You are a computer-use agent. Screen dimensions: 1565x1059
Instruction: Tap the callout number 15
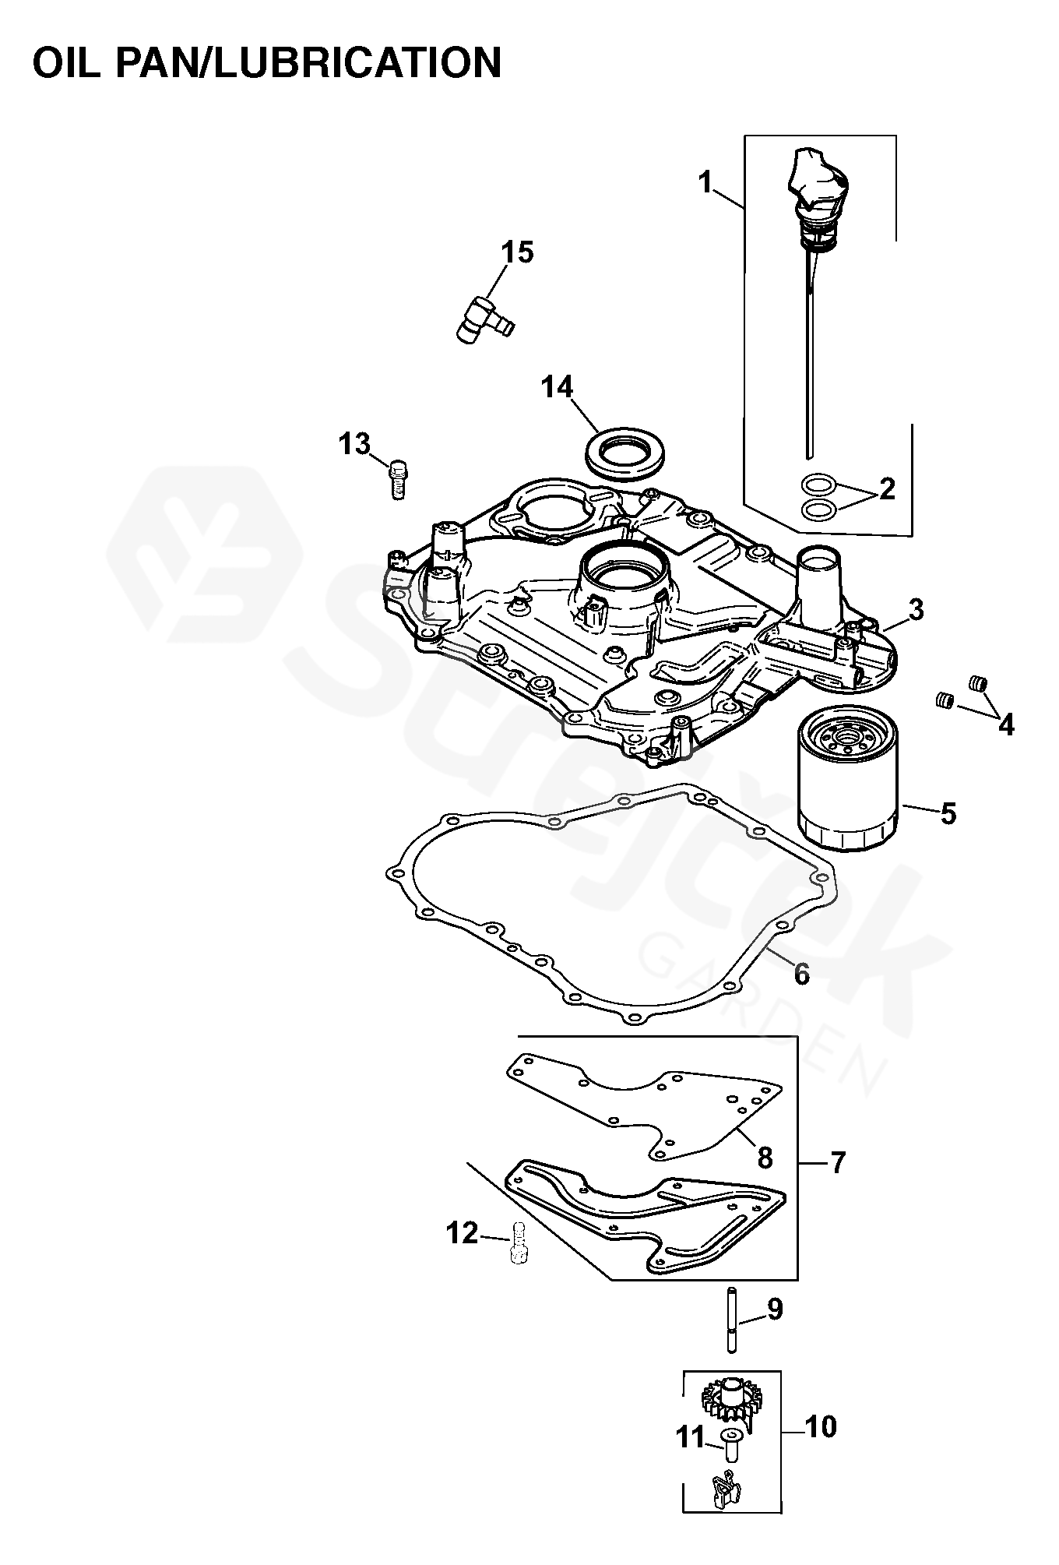click(x=517, y=253)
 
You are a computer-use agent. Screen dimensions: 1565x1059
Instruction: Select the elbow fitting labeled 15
click(x=480, y=319)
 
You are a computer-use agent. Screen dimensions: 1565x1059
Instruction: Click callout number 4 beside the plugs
click(x=1006, y=725)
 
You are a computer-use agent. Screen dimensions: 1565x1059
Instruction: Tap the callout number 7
click(x=837, y=1184)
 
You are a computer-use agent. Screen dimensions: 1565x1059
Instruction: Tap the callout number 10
click(x=819, y=1427)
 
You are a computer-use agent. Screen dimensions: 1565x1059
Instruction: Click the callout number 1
click(x=705, y=184)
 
